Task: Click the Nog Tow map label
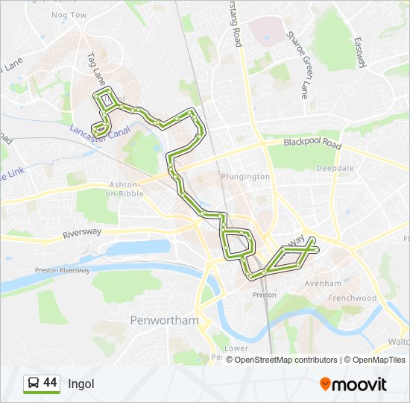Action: pos(69,15)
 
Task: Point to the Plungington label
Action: pos(245,177)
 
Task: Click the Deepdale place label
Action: pos(335,169)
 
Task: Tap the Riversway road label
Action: pos(82,233)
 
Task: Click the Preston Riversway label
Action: pos(63,270)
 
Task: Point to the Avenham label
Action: pos(323,284)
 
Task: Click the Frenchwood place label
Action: pos(352,298)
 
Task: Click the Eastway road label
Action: pos(361,53)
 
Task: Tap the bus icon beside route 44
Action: pos(33,384)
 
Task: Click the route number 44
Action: pos(51,383)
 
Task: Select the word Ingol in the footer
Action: pos(81,384)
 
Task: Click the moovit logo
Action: pos(353,384)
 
